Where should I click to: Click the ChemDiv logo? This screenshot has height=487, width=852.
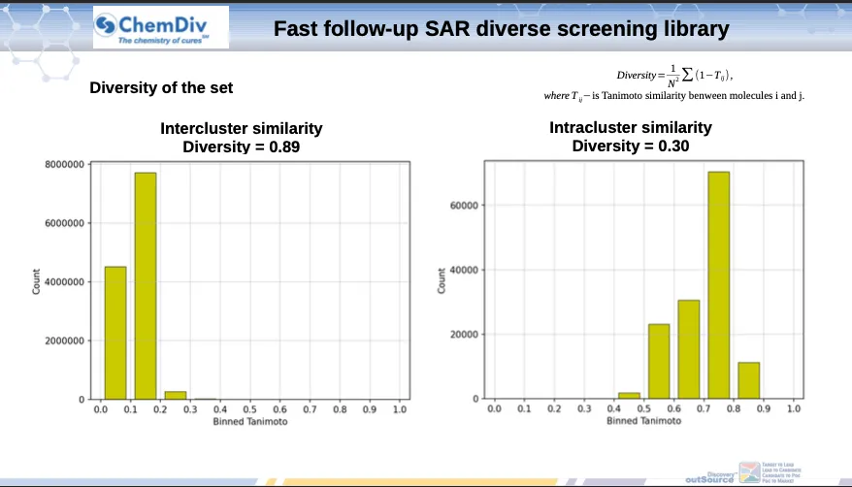160,28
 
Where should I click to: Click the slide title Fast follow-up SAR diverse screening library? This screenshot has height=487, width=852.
501,29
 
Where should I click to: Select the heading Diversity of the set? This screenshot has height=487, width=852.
161,88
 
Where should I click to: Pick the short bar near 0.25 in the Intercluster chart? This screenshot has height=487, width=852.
176,395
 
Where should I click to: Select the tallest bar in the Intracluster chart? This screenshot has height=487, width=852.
719,285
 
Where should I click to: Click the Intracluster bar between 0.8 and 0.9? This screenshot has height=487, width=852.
749,380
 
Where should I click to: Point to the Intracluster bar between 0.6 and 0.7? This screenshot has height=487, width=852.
689,349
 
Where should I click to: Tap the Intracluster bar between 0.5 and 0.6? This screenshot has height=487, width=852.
659,361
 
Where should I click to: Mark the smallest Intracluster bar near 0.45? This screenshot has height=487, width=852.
629,395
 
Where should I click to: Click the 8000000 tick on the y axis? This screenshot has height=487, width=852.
68,165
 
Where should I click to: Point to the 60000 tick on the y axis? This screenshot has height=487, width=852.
466,206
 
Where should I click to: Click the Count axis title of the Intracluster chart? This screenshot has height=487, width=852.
442,281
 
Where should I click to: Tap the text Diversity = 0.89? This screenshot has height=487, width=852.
242,146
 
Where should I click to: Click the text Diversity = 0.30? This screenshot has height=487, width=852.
631,146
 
